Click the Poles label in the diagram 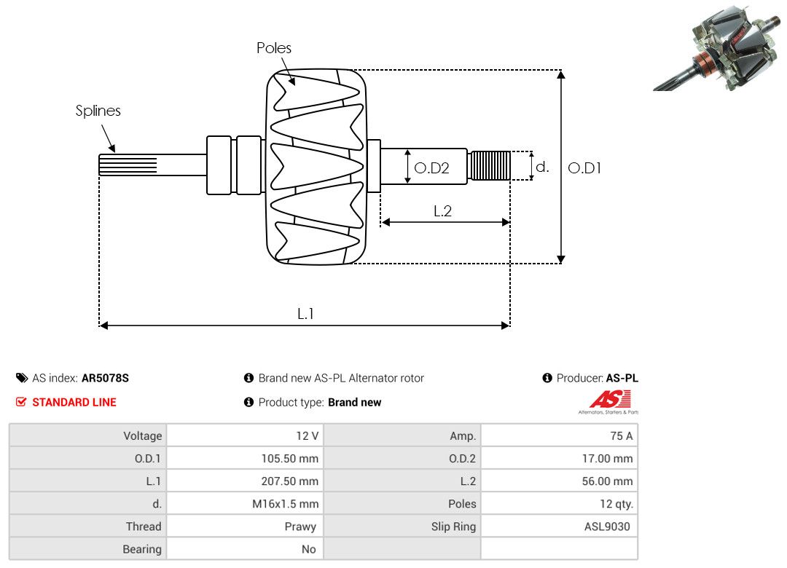(273, 48)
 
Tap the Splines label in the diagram (98, 111)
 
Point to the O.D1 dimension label (584, 167)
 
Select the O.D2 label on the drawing (431, 168)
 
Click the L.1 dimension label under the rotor (305, 313)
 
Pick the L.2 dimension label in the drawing (443, 211)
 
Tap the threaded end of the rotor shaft (489, 165)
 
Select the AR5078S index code (105, 378)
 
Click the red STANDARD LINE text (74, 402)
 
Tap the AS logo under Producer (608, 401)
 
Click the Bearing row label (142, 548)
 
